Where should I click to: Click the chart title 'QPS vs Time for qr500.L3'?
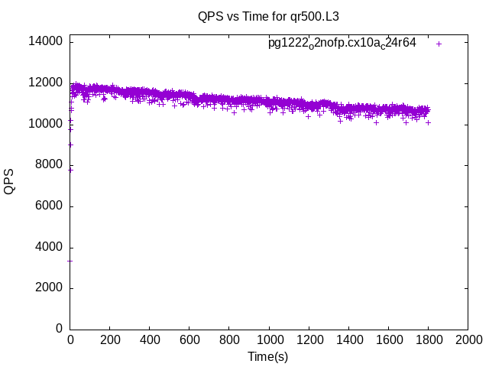pyautogui.click(x=268, y=15)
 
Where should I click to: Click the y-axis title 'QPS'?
pyautogui.click(x=9, y=181)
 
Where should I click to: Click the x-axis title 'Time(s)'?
pyautogui.click(x=268, y=356)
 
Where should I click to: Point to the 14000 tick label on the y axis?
pyautogui.click(x=46, y=41)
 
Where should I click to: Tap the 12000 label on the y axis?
pyautogui.click(x=46, y=83)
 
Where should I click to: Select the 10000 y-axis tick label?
pyautogui.click(x=46, y=124)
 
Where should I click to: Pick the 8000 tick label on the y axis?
pyautogui.click(x=49, y=165)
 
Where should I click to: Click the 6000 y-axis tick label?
pyautogui.click(x=49, y=206)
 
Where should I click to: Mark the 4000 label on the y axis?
pyautogui.click(x=49, y=248)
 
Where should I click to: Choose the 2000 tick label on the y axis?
pyautogui.click(x=49, y=288)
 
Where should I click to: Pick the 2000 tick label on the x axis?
pyautogui.click(x=468, y=339)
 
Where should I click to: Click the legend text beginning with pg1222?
pyautogui.click(x=342, y=44)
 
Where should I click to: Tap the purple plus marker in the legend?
pyautogui.click(x=439, y=44)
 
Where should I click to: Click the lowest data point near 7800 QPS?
pyautogui.click(x=70, y=170)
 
